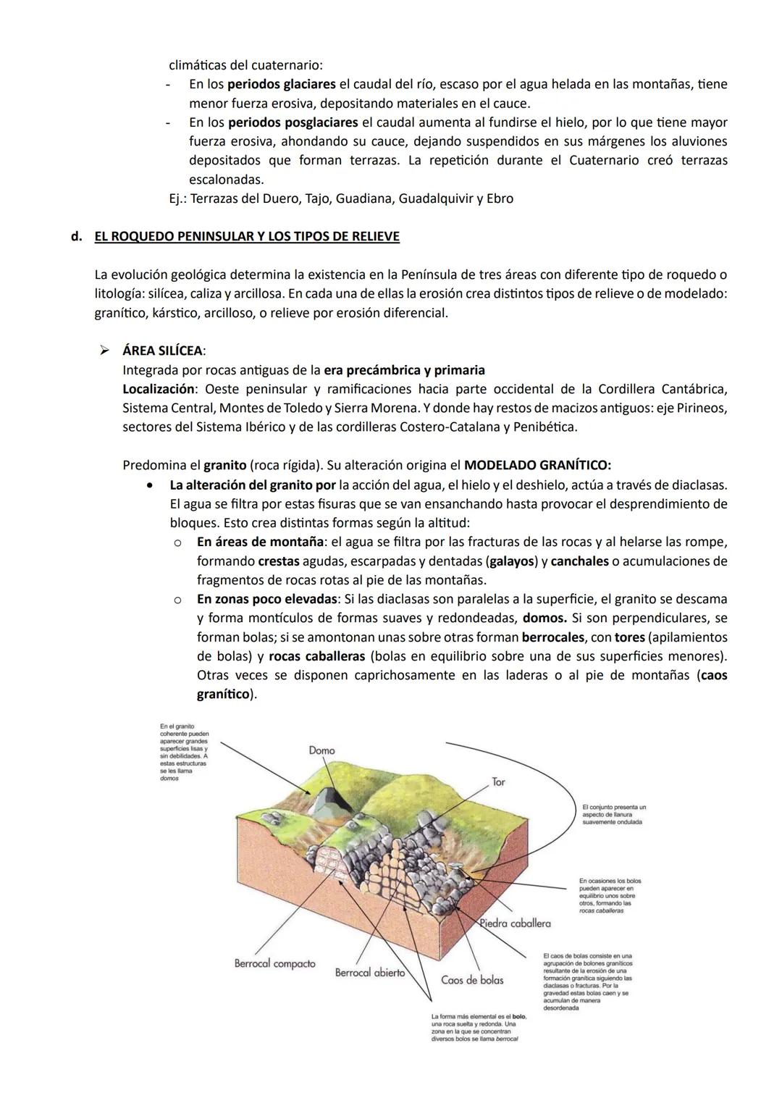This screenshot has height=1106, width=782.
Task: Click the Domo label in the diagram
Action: pyautogui.click(x=321, y=750)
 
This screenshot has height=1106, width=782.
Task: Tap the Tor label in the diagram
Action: pyautogui.click(x=498, y=782)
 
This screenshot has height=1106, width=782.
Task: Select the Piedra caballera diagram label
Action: pyautogui.click(x=515, y=923)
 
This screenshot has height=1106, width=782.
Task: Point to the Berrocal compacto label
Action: pyautogui.click(x=274, y=963)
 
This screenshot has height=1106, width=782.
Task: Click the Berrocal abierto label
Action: pyautogui.click(x=369, y=973)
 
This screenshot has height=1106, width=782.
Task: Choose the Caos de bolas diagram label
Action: pyautogui.click(x=472, y=980)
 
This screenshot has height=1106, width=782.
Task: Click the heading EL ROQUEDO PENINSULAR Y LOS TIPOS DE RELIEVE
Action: pyautogui.click(x=247, y=237)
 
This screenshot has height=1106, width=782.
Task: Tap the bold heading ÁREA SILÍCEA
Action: pyautogui.click(x=162, y=351)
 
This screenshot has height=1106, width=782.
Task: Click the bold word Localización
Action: pyautogui.click(x=159, y=389)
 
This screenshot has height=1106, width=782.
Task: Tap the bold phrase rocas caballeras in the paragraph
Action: pyautogui.click(x=316, y=656)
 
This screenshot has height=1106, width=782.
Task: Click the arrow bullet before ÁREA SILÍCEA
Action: pyautogui.click(x=104, y=351)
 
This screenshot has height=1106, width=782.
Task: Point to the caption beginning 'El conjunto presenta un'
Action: pyautogui.click(x=614, y=814)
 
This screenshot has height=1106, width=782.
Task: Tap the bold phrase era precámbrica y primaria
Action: pyautogui.click(x=405, y=370)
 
